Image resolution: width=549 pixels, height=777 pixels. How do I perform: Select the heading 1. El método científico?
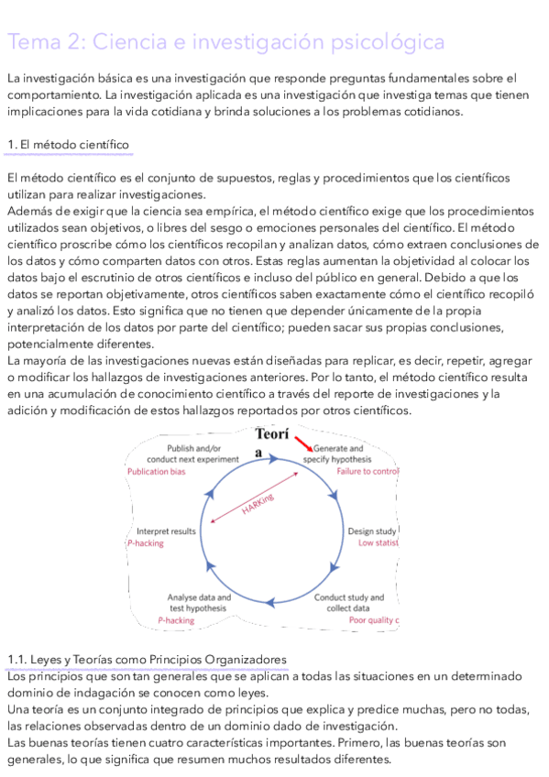(67, 145)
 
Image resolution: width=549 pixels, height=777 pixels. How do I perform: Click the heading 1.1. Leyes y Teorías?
(146, 659)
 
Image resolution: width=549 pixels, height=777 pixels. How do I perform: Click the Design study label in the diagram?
(372, 531)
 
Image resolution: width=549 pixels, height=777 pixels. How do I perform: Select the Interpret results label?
(166, 531)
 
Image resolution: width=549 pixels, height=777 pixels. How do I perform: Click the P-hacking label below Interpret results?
(146, 543)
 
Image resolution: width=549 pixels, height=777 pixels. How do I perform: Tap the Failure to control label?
(368, 471)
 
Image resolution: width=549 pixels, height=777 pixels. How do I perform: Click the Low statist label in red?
(377, 543)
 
